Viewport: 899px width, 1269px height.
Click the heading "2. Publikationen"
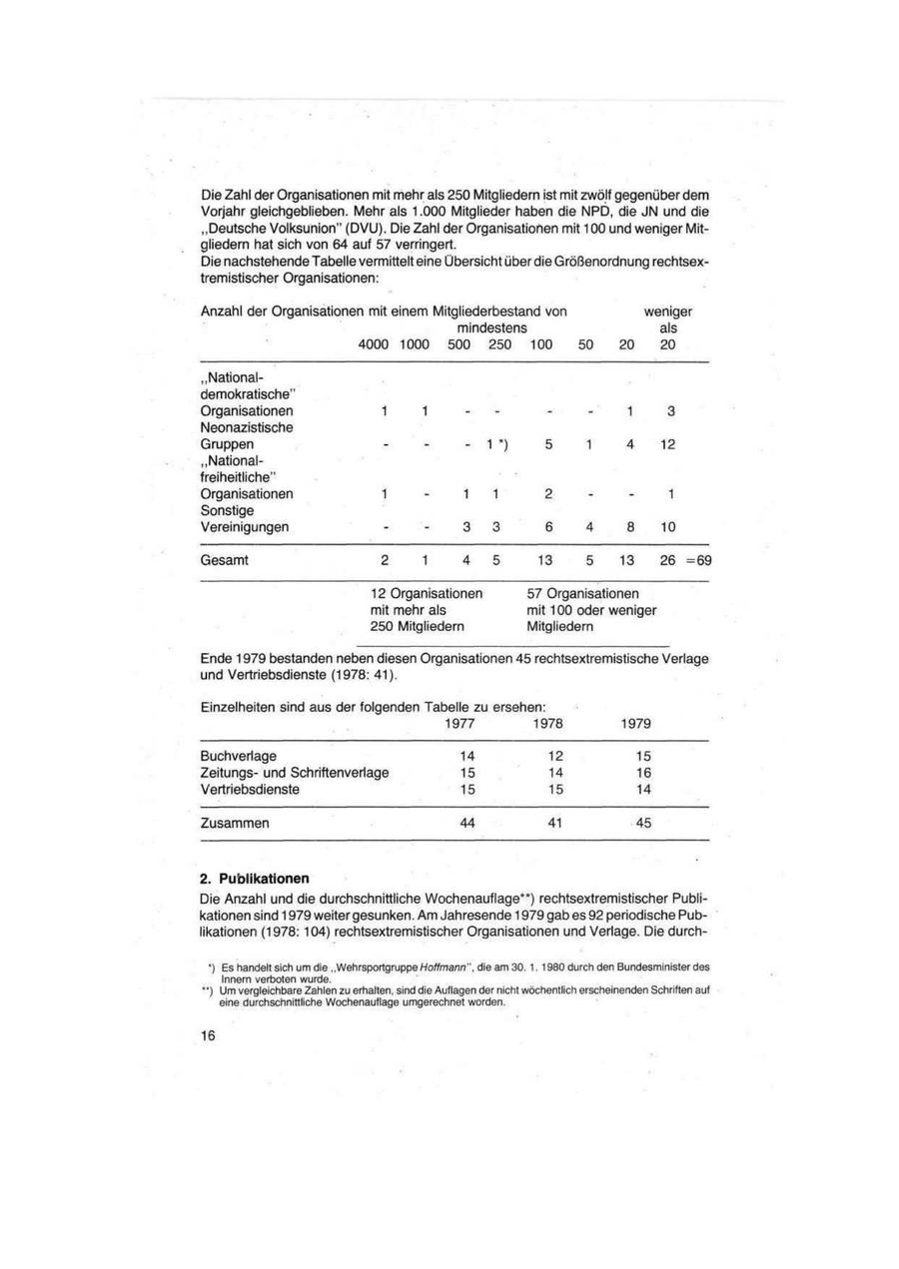[x=255, y=879]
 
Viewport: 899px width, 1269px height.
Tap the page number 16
[x=208, y=1036]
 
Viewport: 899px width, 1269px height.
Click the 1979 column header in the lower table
[x=635, y=723]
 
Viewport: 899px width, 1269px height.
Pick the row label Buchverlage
[x=239, y=756]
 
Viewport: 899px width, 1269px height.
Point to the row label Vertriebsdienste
[x=250, y=789]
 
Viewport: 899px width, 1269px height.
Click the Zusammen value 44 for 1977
[x=466, y=824]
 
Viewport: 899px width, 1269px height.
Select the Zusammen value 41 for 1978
[x=555, y=824]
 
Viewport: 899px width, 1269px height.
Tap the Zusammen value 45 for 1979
[x=642, y=824]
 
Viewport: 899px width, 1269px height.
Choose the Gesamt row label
[x=225, y=561]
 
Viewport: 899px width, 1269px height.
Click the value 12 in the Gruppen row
[x=669, y=443]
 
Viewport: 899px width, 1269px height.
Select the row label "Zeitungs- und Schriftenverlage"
[x=295, y=772]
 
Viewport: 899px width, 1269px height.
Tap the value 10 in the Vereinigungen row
[x=669, y=526]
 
